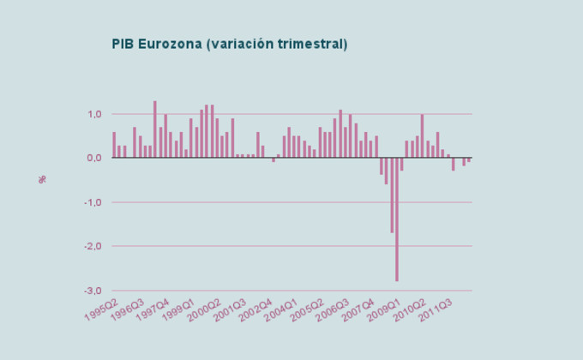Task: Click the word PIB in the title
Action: (123, 44)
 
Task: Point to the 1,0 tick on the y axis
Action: (94, 114)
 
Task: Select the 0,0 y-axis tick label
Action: (94, 158)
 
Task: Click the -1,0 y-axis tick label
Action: (93, 202)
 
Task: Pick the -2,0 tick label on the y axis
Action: (93, 246)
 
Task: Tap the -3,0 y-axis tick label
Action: (93, 291)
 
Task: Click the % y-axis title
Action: (41, 179)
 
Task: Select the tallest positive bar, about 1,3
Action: (155, 129)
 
